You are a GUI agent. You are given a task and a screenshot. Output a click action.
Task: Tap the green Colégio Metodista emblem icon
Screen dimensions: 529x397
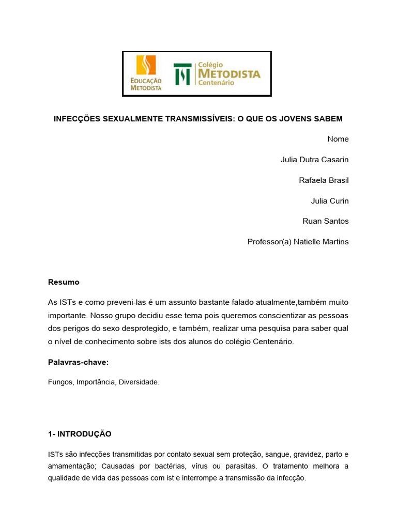182,74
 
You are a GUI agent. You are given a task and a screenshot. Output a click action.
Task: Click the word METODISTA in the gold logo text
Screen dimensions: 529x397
230,74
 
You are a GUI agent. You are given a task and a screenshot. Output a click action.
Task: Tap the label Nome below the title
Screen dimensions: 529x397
338,139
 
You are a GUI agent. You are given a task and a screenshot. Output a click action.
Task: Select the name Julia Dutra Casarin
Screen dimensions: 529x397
314,160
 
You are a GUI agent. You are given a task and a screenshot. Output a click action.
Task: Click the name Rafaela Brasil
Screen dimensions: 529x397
324,180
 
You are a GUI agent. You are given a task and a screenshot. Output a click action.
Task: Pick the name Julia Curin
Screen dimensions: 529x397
330,200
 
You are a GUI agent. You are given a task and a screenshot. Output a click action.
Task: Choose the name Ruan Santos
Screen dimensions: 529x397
326,221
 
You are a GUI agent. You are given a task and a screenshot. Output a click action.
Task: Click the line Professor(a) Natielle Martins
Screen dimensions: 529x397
298,242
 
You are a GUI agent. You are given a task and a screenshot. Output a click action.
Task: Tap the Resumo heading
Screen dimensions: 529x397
64,282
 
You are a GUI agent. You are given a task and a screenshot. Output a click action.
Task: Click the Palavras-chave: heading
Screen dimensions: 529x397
78,362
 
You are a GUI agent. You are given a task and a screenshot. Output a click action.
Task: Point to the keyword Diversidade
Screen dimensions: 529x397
140,383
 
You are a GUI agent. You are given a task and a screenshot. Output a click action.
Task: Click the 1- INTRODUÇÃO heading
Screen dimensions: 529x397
80,434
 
